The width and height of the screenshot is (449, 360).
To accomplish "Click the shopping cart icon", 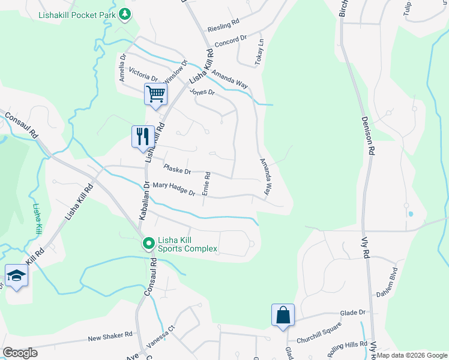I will coord(155,94).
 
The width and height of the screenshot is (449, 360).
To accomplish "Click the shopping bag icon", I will coord(283,315).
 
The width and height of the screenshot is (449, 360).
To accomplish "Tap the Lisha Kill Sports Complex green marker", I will coord(148,244).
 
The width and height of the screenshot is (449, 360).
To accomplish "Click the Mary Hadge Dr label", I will coord(174,190).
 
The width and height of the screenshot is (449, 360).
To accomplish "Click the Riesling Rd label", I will coord(223,28).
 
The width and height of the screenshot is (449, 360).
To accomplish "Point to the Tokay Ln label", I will coord(260,53).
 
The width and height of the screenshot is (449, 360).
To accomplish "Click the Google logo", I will coord(20,353).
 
